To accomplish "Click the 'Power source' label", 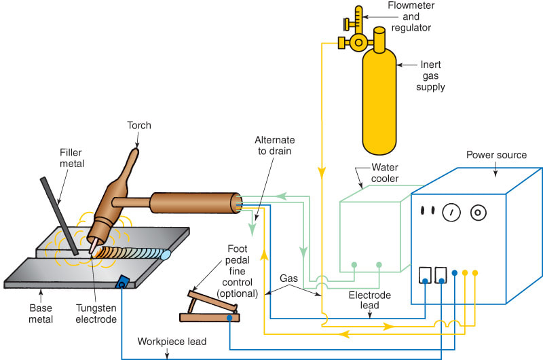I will point(496,155).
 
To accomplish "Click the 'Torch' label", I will point(138,125).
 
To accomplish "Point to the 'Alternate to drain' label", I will point(274,145).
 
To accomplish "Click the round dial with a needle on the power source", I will point(449,213).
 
